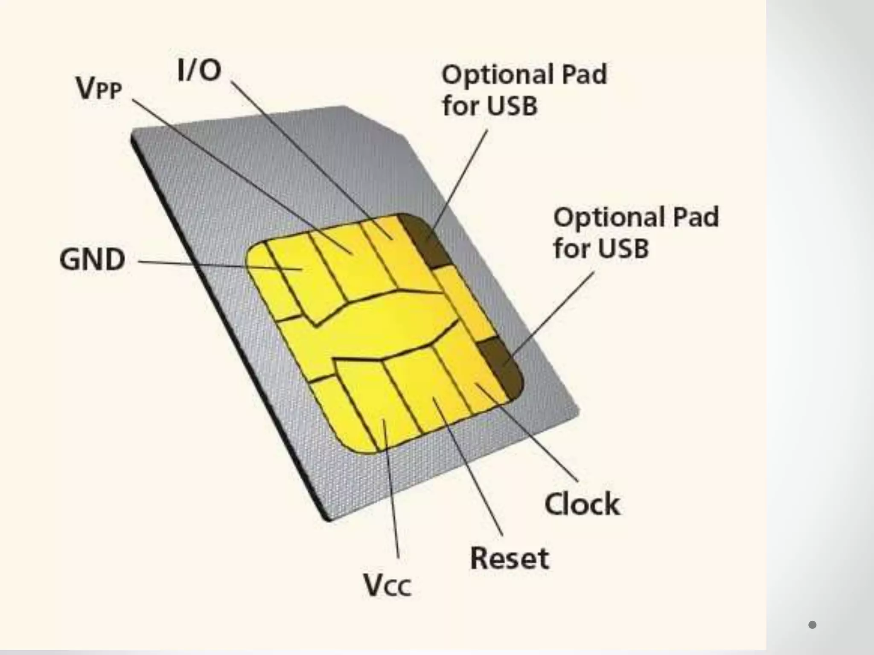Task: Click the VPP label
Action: point(99,88)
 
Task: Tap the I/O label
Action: point(199,71)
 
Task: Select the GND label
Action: point(92,259)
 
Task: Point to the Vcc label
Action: point(387,585)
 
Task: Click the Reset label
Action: point(510,558)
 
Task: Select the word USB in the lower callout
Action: point(623,248)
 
